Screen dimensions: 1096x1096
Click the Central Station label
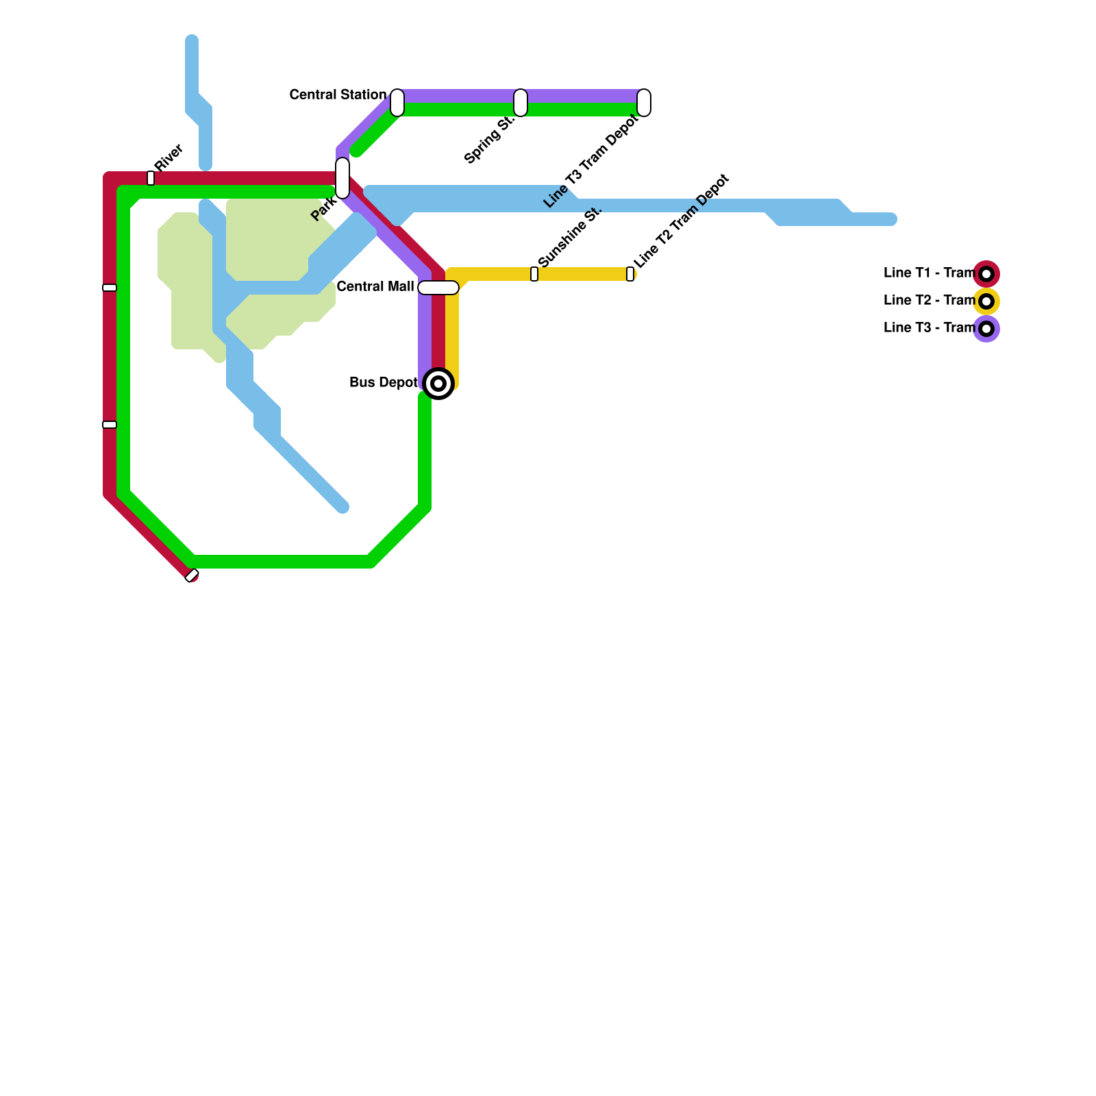(338, 95)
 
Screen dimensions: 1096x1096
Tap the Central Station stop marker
(397, 103)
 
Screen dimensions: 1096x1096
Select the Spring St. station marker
(521, 103)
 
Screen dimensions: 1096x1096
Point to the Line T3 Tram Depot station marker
(644, 103)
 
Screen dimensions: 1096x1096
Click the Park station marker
(342, 178)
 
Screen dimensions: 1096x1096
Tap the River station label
(169, 158)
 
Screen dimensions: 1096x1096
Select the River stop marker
(151, 178)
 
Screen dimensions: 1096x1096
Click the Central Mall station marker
(438, 288)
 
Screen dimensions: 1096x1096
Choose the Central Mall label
(375, 287)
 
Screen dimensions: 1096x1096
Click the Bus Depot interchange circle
(438, 384)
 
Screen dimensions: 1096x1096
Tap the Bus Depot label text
(384, 383)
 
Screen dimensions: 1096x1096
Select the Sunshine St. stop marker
(534, 274)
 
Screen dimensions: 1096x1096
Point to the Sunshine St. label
(569, 236)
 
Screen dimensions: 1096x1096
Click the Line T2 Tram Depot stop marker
(630, 274)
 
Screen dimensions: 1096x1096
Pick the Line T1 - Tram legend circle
(986, 274)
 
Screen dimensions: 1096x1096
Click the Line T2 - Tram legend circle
(986, 301)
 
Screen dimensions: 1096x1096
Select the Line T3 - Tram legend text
(929, 328)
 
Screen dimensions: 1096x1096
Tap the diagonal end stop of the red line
(192, 575)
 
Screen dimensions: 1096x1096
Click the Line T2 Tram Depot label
(682, 222)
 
